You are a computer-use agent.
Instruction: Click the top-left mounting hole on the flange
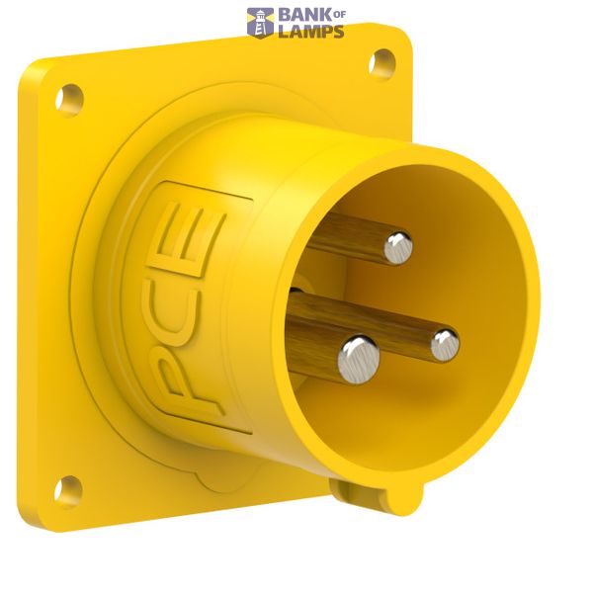pos(69,101)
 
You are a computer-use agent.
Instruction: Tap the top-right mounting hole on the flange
pos(381,64)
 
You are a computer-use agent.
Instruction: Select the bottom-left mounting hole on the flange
pos(68,492)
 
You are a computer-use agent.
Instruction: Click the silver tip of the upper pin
pos(398,248)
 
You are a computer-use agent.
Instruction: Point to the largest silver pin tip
pos(359,360)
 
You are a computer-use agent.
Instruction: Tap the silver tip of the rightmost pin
pos(446,345)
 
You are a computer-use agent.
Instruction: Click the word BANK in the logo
pos(305,15)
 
